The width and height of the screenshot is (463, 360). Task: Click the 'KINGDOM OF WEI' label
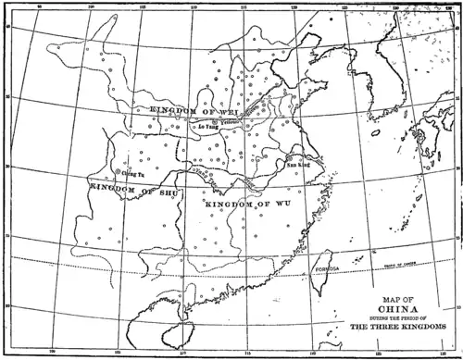(181, 110)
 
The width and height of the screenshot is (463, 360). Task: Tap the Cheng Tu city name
(134, 173)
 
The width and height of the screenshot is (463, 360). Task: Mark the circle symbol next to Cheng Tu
(119, 170)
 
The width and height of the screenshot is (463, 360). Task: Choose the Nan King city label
(297, 163)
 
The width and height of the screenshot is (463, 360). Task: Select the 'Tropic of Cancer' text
(390, 267)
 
